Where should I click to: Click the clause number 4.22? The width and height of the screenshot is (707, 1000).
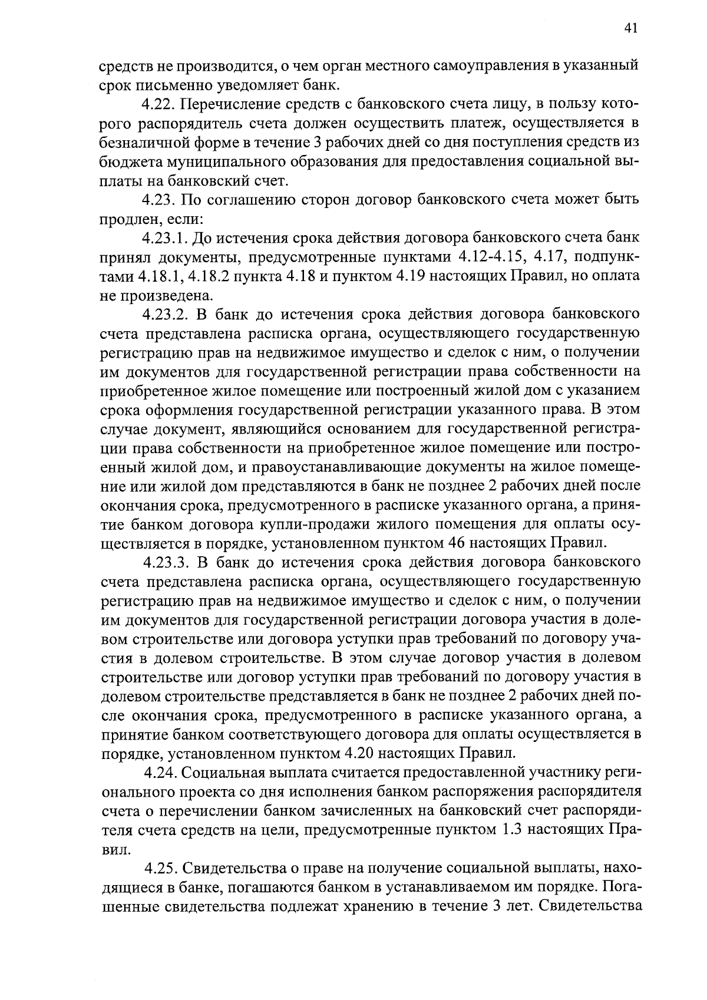pyautogui.click(x=157, y=105)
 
